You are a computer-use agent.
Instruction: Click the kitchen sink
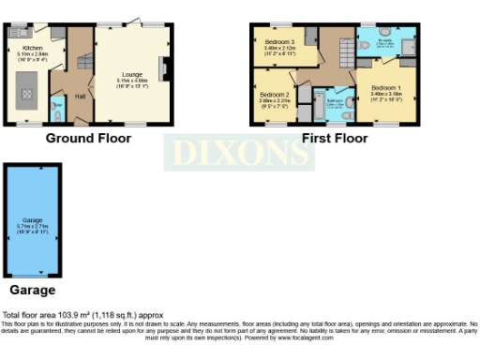point(17,34)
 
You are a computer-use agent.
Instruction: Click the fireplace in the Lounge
point(164,69)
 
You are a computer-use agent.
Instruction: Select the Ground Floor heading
point(89,139)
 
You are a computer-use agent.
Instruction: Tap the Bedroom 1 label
point(384,89)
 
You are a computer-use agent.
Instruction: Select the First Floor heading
point(335,139)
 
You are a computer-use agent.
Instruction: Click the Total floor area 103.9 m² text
point(83,316)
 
